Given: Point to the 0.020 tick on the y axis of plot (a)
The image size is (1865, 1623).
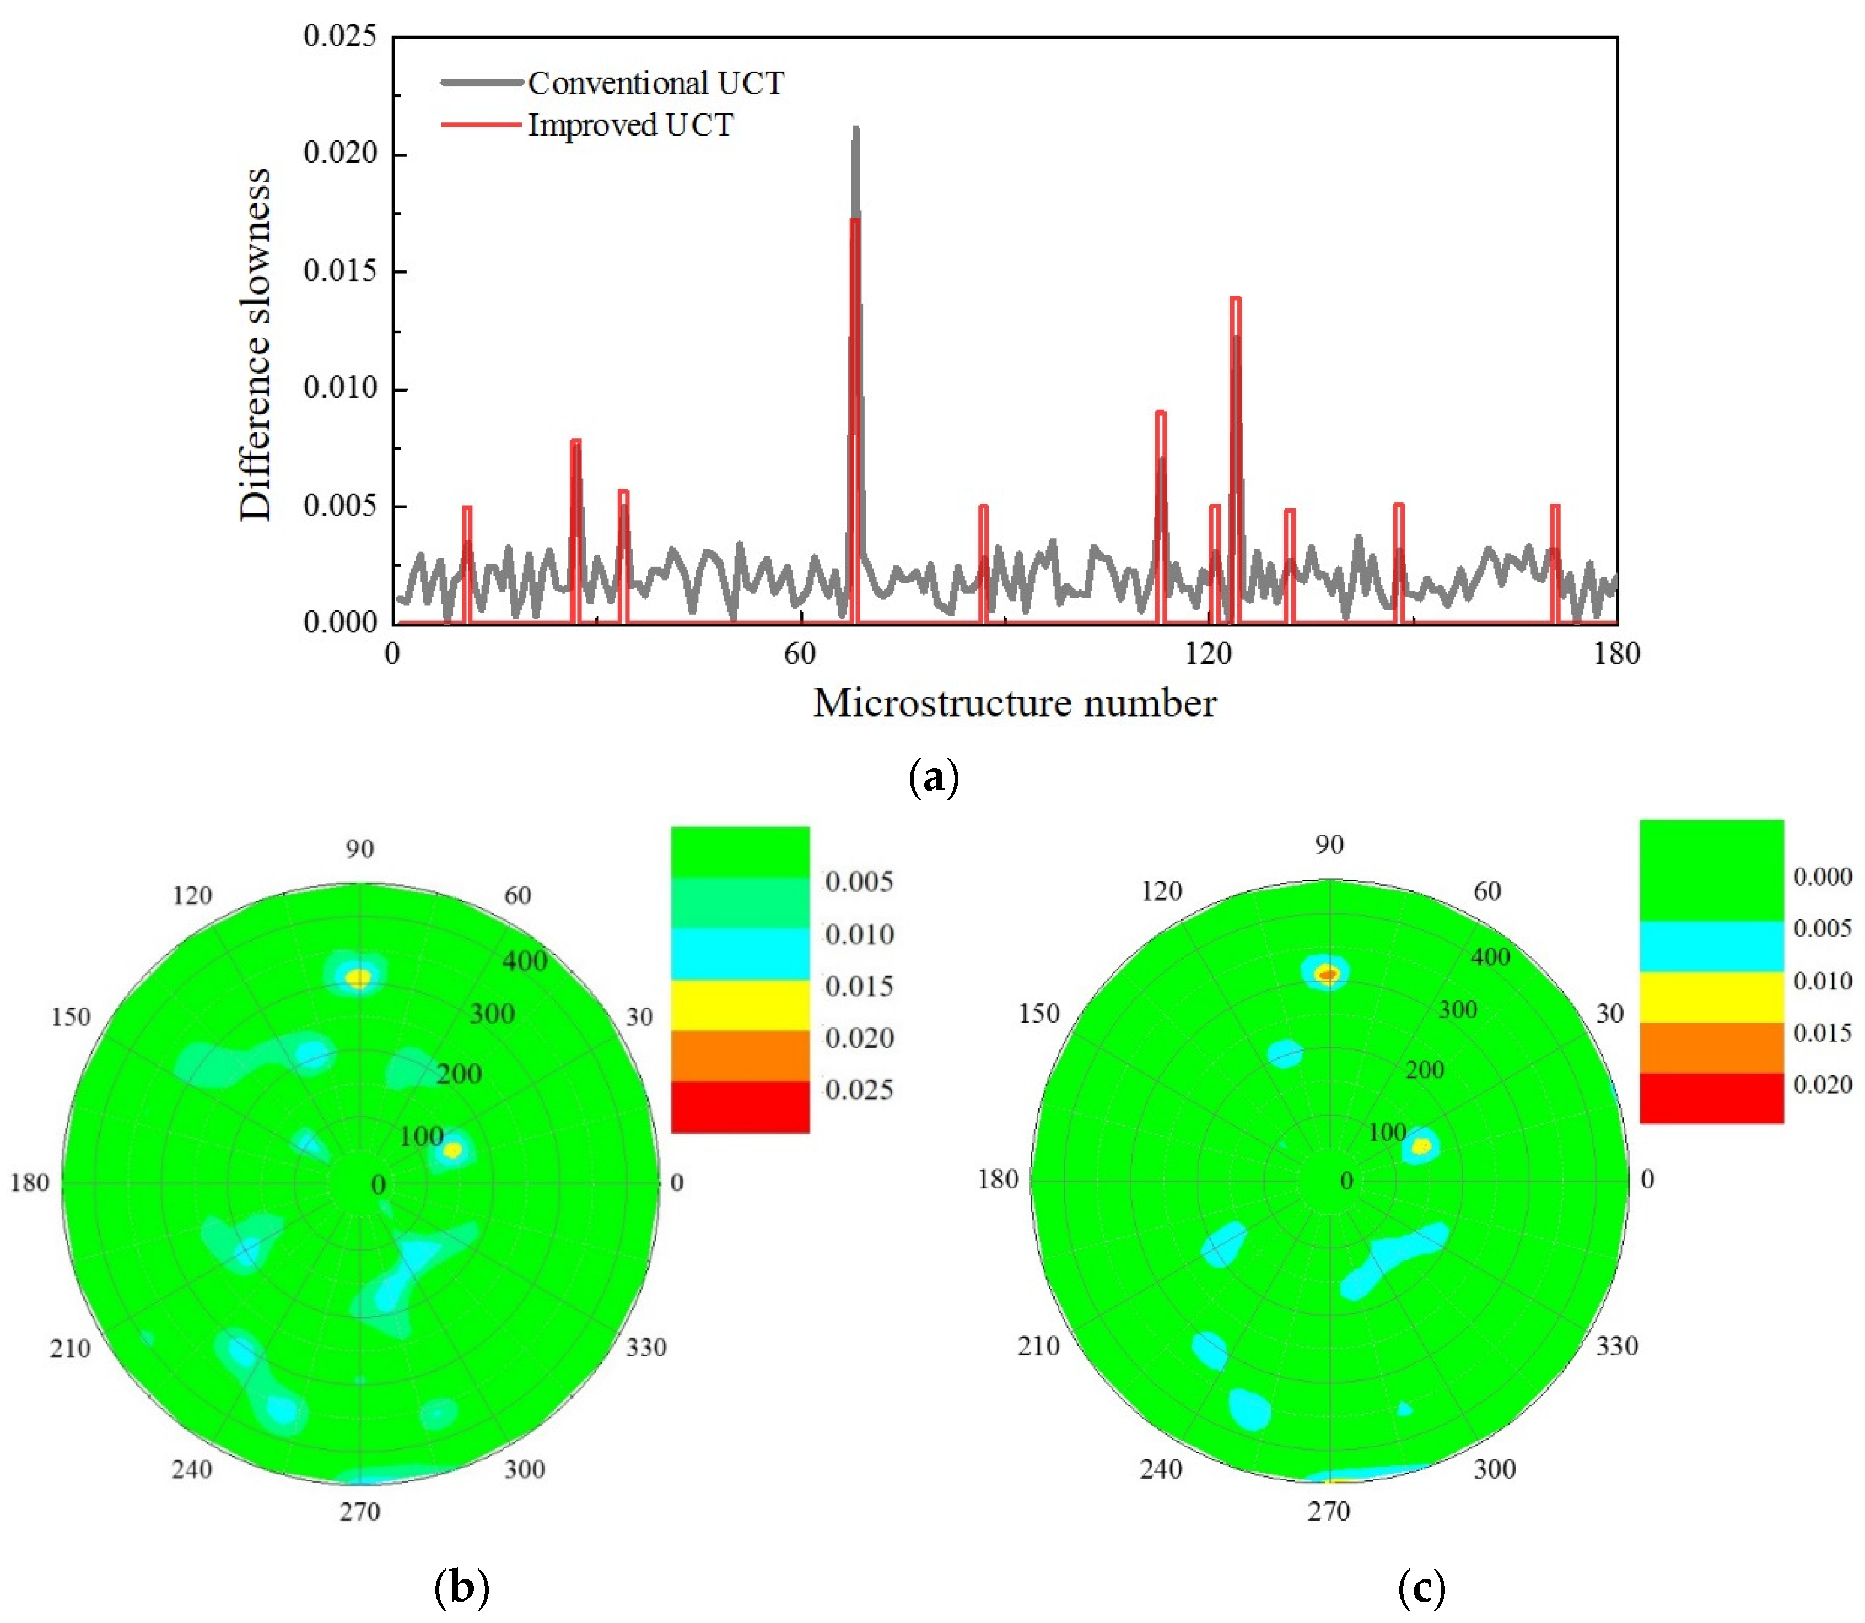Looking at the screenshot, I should point(339,153).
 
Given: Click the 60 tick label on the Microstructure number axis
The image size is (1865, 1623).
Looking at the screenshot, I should point(800,653).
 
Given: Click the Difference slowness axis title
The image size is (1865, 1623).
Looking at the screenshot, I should point(255,344).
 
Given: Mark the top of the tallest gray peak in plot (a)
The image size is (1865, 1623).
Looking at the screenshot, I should point(855,129).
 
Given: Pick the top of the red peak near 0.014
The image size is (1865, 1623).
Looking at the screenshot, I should point(1236,300).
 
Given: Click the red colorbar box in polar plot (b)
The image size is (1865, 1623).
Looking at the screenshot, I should point(739,1106).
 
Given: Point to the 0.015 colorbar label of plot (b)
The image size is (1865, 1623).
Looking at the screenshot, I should point(859,986).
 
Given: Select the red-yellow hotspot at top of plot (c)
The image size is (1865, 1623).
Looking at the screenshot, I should point(1328,973).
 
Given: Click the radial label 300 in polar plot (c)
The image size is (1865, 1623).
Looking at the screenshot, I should point(1457,1009).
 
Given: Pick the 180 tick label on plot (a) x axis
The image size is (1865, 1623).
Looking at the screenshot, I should point(1617,653).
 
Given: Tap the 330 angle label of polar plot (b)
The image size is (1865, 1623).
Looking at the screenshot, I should point(646,1348).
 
